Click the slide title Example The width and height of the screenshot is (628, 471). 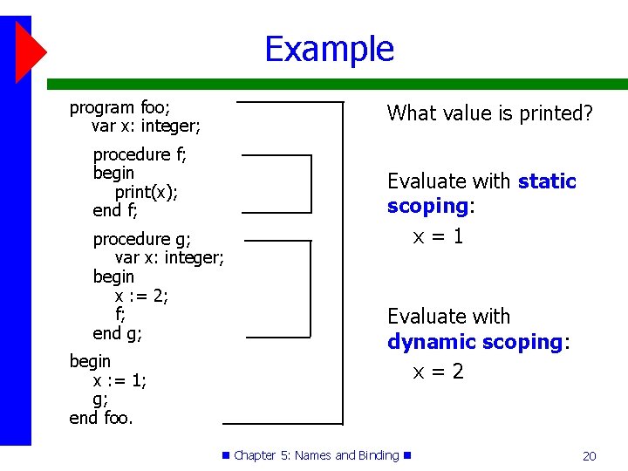click(x=329, y=49)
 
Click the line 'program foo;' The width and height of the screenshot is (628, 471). click(x=119, y=108)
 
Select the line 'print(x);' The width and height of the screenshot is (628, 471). click(x=147, y=192)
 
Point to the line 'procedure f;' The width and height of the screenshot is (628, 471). click(x=140, y=154)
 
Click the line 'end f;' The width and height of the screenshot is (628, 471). click(x=115, y=210)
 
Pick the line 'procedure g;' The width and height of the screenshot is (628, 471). click(x=141, y=239)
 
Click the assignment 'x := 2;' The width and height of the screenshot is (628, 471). click(x=141, y=296)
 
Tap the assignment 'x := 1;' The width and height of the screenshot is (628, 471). click(x=119, y=380)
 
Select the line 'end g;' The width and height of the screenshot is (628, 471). click(x=117, y=333)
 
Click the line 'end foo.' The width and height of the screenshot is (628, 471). click(x=101, y=418)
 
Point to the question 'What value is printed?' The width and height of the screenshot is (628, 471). click(x=489, y=113)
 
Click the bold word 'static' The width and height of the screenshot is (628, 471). click(x=547, y=181)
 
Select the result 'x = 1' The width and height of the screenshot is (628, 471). click(x=438, y=236)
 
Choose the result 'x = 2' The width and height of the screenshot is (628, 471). click(x=438, y=372)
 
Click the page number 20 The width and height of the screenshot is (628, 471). click(x=589, y=455)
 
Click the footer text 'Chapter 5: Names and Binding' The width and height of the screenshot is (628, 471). click(x=316, y=455)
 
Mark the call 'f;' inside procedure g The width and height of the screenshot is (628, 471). click(x=120, y=314)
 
